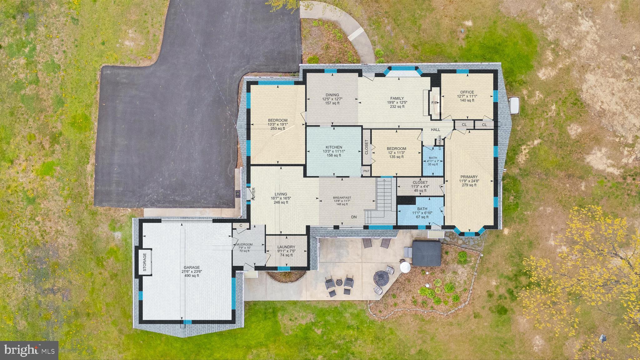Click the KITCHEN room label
tap(334, 147)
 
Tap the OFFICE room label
tap(467, 92)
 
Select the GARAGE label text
tap(192, 267)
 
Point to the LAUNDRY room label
tap(286, 247)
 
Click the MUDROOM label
tap(244, 244)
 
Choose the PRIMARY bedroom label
tap(469, 177)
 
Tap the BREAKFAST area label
tap(342, 197)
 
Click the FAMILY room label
tap(397, 98)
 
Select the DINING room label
tap(332, 95)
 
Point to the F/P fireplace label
tap(434, 103)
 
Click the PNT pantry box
tap(366, 171)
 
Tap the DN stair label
tap(354, 217)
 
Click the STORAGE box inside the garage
tap(144, 262)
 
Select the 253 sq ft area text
tap(277, 128)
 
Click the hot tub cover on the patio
tap(427, 253)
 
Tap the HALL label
tap(435, 130)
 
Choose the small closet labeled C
tap(241, 225)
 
